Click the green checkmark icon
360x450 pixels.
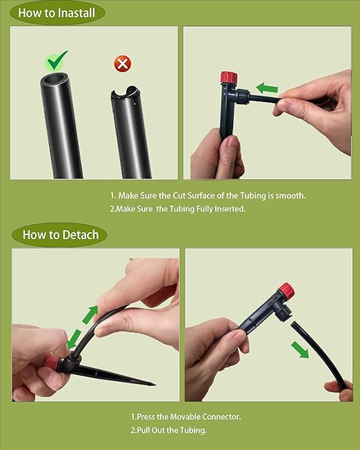pyautogui.click(x=58, y=60)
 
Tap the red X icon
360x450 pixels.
pyautogui.click(x=123, y=64)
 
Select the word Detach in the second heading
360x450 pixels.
pyautogui.click(x=81, y=234)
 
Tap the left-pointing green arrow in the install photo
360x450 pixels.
pyautogui.click(x=267, y=88)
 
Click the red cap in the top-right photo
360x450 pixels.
pyautogui.click(x=228, y=77)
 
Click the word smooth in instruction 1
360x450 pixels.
pyautogui.click(x=288, y=196)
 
